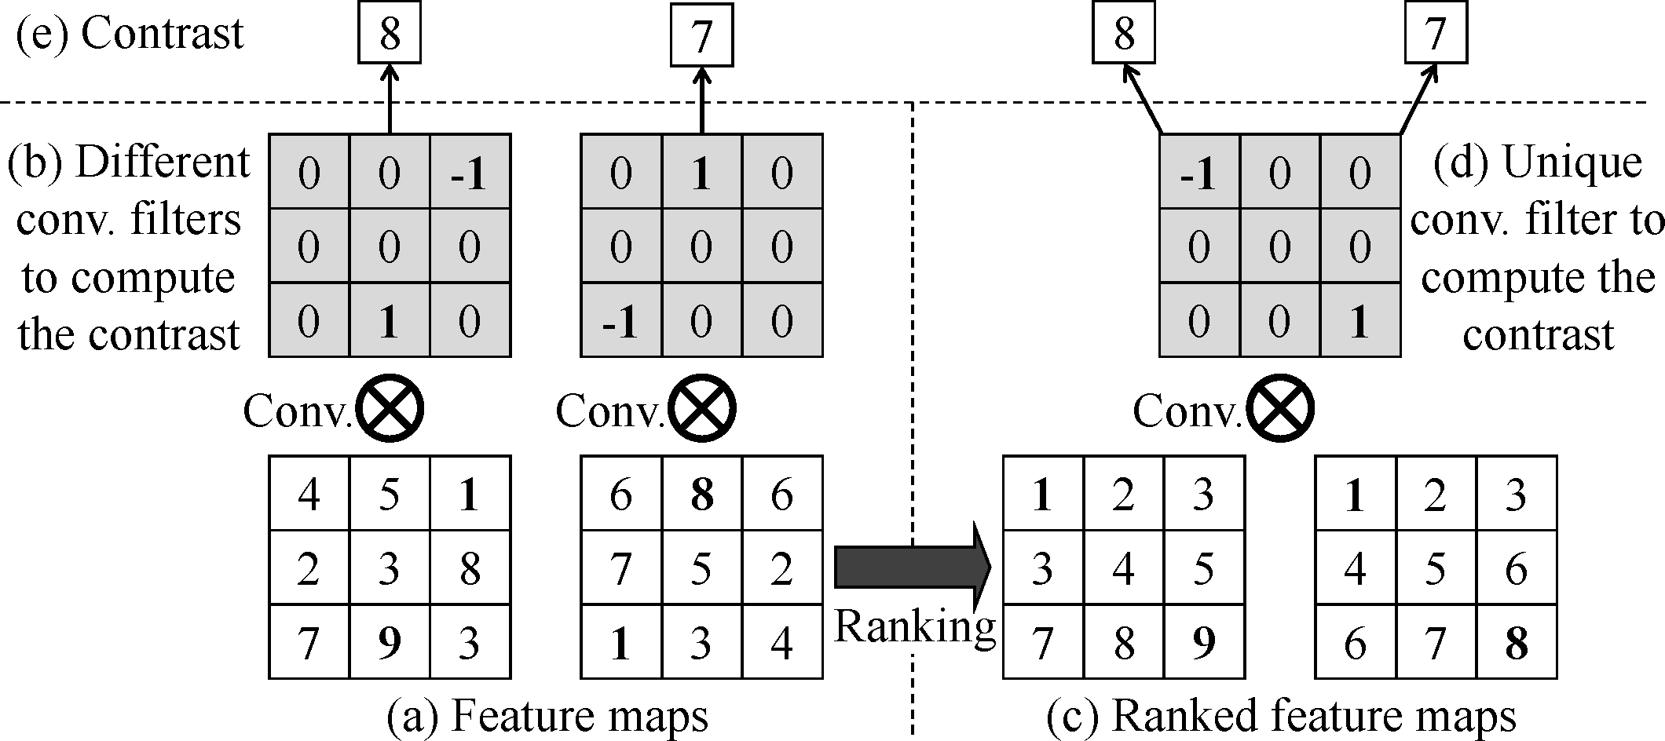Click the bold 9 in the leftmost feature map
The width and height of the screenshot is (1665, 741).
click(390, 643)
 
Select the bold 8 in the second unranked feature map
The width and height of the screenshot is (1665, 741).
click(701, 495)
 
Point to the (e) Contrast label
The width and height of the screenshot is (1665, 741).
click(130, 34)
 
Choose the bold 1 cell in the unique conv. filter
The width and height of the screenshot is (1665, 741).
click(1360, 320)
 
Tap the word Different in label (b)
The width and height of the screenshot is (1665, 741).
click(163, 162)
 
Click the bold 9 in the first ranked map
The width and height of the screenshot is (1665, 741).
click(1204, 643)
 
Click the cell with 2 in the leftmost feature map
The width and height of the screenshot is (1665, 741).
click(309, 568)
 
